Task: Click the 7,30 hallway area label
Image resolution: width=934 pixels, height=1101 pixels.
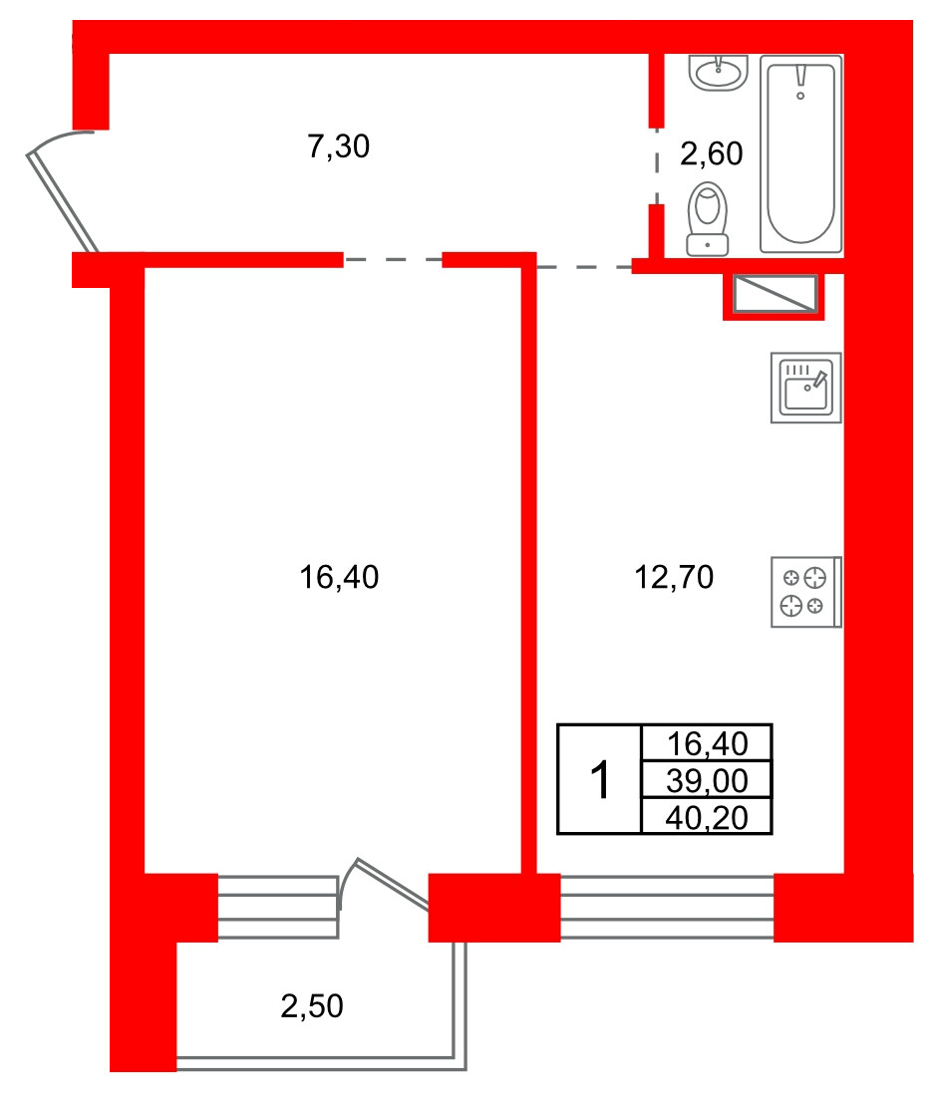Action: click(x=339, y=146)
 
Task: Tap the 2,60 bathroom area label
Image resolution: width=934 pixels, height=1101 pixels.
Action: click(x=711, y=153)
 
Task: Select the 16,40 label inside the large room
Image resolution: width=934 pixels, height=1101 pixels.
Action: click(x=339, y=577)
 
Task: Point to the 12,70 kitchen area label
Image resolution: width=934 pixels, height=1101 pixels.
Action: click(x=674, y=577)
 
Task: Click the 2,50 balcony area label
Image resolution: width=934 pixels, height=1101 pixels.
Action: click(x=312, y=1006)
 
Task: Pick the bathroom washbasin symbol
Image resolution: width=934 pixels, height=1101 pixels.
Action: click(x=719, y=73)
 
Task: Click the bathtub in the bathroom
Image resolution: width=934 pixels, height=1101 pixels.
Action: click(x=800, y=153)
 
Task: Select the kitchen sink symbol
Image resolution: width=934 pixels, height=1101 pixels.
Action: click(x=806, y=388)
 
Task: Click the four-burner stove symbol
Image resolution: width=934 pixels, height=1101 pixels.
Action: click(x=806, y=592)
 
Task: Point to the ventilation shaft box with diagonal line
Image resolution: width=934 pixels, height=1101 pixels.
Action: click(x=775, y=294)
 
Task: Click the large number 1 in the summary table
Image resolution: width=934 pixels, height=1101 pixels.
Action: click(x=600, y=779)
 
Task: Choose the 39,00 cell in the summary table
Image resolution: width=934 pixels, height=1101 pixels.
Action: click(x=707, y=780)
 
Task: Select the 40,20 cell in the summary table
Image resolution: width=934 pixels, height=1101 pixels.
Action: click(x=707, y=817)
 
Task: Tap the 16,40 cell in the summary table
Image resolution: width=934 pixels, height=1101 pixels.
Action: click(x=707, y=743)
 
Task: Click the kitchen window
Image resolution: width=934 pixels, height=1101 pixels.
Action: click(x=667, y=907)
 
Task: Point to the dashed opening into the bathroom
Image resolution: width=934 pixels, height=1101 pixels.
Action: click(x=657, y=166)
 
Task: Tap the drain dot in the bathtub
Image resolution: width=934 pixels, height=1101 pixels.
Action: click(x=800, y=96)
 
